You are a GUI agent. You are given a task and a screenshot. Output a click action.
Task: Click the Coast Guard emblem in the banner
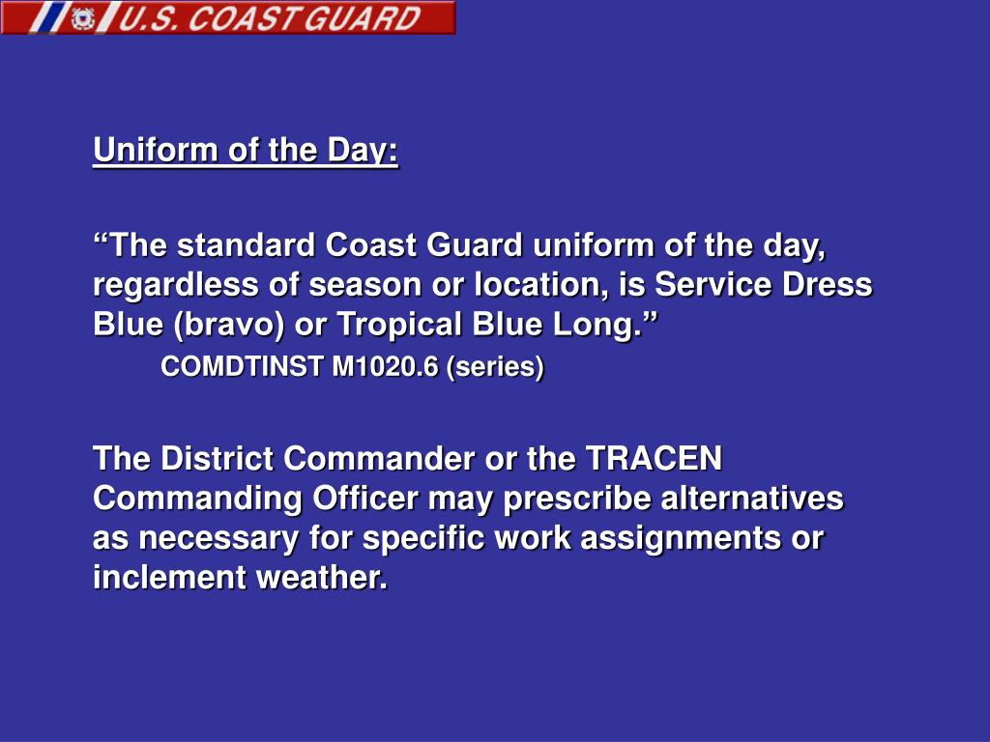tap(83, 18)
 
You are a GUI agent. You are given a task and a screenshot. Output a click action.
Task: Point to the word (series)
tap(495, 367)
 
